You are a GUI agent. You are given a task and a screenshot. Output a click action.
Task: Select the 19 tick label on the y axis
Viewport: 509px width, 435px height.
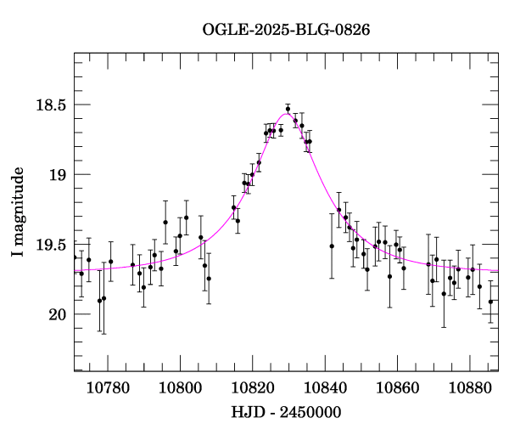point(57,175)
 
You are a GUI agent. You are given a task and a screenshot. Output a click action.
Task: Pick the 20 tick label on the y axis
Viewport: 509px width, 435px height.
point(57,314)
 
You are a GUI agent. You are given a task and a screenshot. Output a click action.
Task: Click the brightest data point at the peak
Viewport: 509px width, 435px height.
point(288,109)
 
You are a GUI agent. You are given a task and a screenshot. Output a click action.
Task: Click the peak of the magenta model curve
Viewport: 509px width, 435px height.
point(286,114)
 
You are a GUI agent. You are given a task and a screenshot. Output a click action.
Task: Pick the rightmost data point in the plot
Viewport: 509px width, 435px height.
point(490,302)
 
